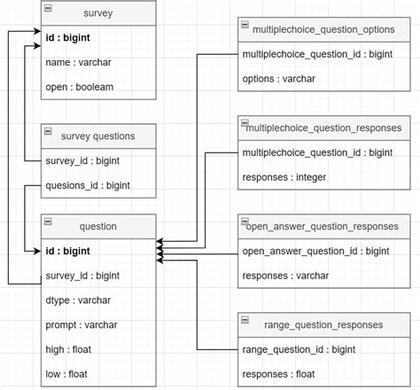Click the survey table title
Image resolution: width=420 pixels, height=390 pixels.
pos(98,14)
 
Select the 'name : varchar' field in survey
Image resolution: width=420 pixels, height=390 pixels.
pos(77,63)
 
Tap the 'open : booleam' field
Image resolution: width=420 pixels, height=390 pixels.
pos(81,87)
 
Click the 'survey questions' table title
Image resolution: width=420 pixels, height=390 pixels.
pos(98,136)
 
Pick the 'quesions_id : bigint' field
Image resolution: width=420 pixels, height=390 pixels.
pos(87,185)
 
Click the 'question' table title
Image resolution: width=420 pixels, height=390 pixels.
pos(98,227)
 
